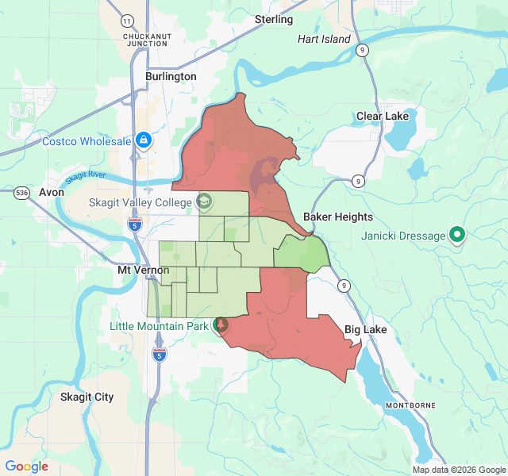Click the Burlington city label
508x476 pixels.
coord(171,77)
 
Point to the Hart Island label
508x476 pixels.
coord(324,39)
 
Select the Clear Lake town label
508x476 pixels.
coord(382,116)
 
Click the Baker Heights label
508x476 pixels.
coord(338,217)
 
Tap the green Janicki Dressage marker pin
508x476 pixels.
coord(457,235)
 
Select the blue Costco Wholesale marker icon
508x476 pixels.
coord(144,141)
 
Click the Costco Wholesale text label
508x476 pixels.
coord(87,141)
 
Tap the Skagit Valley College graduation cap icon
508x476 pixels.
coord(204,202)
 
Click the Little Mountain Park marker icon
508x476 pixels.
coord(220,324)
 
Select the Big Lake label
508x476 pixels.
coord(364,329)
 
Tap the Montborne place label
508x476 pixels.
coord(410,405)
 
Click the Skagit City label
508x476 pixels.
coord(87,397)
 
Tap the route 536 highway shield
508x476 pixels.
coord(22,193)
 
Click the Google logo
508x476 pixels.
coord(27,466)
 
